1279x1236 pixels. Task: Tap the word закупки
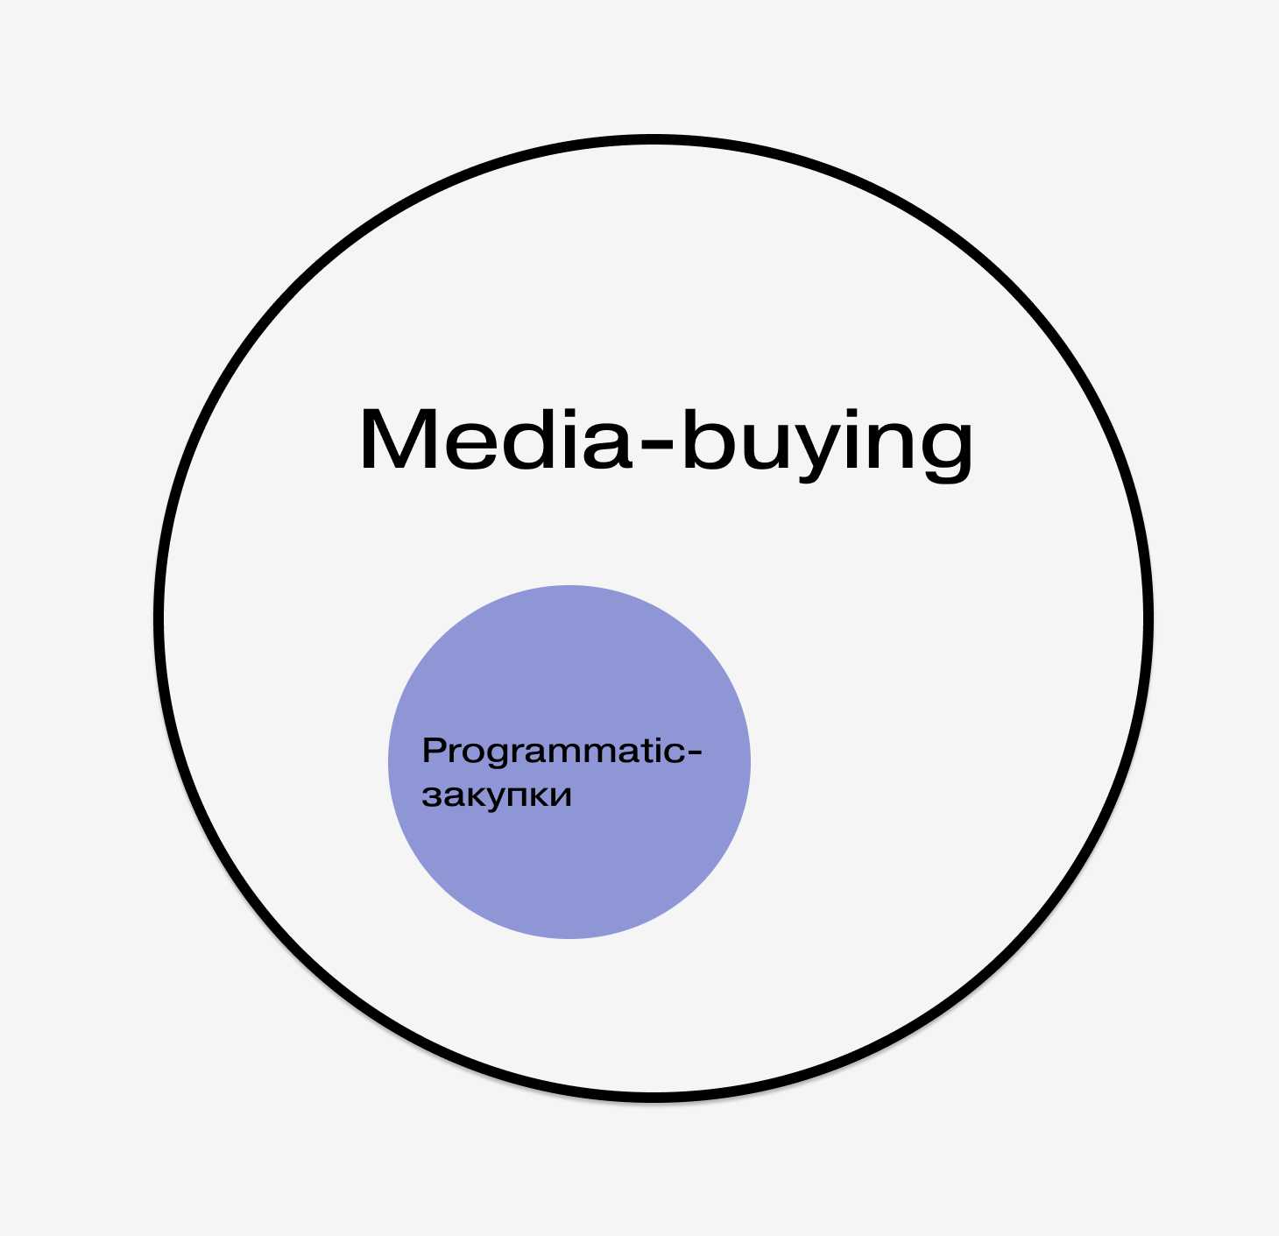coord(497,795)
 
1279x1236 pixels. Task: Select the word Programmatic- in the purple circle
coord(562,752)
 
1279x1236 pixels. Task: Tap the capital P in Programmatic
coord(433,750)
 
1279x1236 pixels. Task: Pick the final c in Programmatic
coord(675,752)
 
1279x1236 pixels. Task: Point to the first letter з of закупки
coord(429,796)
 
